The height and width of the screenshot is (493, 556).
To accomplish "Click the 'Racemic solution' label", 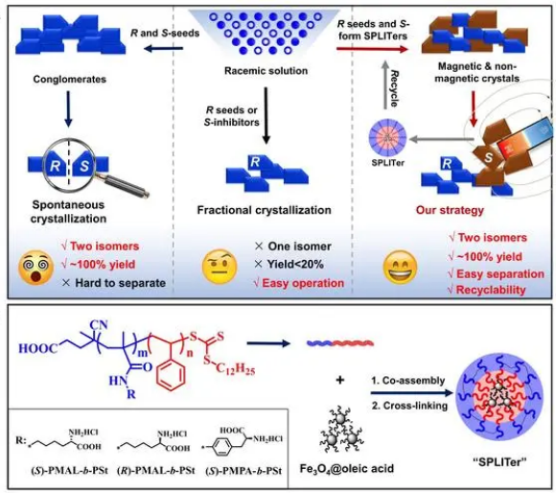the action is click(266, 71).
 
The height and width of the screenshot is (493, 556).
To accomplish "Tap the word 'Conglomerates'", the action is click(69, 79).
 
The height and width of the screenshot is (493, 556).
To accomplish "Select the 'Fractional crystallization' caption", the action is click(264, 210).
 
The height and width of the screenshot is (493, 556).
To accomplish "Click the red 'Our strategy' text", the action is click(450, 210).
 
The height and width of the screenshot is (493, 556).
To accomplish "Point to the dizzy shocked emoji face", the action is click(35, 268).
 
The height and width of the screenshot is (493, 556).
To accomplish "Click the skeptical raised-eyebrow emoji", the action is click(220, 267).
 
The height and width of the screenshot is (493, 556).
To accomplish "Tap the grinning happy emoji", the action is click(401, 267).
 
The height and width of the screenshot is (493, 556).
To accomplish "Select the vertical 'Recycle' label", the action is click(394, 88).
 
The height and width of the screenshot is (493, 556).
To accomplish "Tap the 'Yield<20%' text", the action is click(295, 264).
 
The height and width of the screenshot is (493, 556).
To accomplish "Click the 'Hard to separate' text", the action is click(120, 283).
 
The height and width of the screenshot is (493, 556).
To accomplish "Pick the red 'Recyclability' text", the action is click(491, 290).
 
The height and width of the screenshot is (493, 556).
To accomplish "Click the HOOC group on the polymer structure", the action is click(37, 348).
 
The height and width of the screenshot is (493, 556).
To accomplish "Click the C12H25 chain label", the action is click(235, 369).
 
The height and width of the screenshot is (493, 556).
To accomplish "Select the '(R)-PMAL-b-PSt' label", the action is click(155, 471).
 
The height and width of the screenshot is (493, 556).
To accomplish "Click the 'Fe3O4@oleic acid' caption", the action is click(347, 468).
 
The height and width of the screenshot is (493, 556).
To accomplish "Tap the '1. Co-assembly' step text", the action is click(407, 381).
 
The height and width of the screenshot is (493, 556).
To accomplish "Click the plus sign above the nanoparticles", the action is click(340, 380).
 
